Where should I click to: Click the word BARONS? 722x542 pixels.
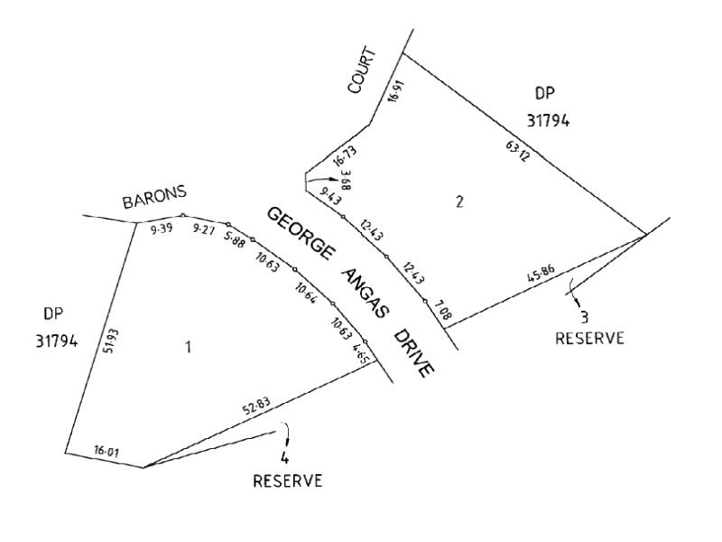coord(155,198)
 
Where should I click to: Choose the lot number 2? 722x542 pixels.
coord(459,201)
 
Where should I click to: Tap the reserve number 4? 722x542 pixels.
coord(284,457)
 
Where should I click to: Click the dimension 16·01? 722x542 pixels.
coord(106,449)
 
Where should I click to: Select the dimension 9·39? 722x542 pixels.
coord(160,229)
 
